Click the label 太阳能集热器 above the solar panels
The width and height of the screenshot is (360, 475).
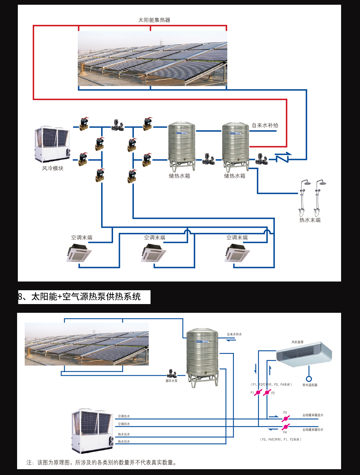[x=154, y=20]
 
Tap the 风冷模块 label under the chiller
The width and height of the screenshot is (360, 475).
[x=53, y=168]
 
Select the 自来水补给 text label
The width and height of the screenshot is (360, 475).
[x=265, y=125]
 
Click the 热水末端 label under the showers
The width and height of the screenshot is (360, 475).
[x=310, y=220]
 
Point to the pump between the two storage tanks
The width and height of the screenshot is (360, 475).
[x=208, y=159]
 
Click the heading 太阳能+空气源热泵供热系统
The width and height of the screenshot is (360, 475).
[x=86, y=297]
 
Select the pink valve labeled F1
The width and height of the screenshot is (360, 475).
[x=258, y=393]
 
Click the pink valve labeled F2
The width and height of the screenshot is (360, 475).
[x=267, y=393]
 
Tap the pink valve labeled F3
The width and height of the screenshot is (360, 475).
[x=285, y=419]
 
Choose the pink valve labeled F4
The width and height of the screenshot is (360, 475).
[x=285, y=427]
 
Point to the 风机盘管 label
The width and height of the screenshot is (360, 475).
[x=297, y=342]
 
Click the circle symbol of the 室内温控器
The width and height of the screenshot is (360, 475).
[x=309, y=379]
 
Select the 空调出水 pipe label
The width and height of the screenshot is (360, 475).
[x=124, y=416]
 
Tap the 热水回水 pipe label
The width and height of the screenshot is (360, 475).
[x=124, y=442]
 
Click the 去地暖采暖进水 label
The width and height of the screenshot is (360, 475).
[x=313, y=415]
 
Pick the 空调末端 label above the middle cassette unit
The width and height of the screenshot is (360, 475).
[x=155, y=238]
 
